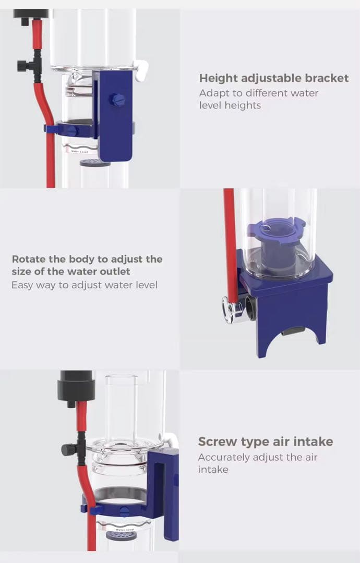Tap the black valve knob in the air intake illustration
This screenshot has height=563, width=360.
[68, 449]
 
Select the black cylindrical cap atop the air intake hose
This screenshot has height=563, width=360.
[76, 386]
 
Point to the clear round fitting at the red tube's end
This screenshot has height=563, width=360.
[228, 309]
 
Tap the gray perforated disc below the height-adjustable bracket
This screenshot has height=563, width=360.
[95, 163]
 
